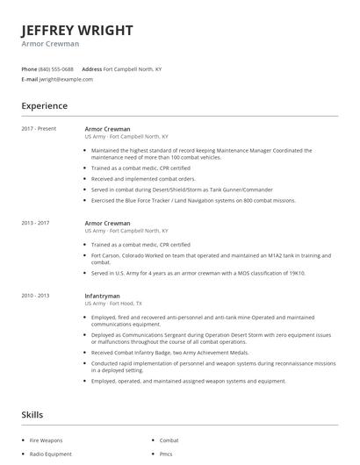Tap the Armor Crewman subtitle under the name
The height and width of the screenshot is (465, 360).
click(x=50, y=44)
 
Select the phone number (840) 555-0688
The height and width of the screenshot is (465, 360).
click(x=56, y=68)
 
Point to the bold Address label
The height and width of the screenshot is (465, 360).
click(x=91, y=68)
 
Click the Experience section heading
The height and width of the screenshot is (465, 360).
click(x=44, y=106)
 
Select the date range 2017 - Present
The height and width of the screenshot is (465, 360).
click(x=39, y=128)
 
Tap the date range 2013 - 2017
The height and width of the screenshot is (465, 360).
click(x=36, y=223)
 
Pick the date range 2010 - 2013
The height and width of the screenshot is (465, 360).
click(x=36, y=296)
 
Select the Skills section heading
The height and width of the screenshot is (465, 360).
click(x=32, y=414)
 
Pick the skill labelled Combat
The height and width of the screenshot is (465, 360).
click(x=169, y=440)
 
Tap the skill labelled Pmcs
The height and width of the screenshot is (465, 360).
click(x=166, y=454)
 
